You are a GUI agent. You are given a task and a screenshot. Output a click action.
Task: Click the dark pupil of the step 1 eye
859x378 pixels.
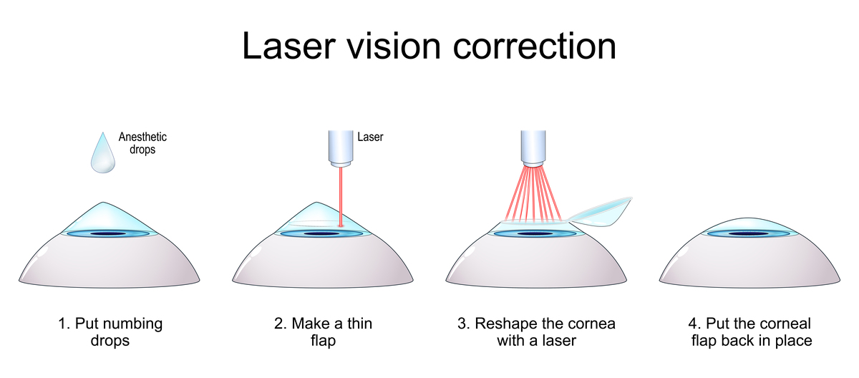point(107,234)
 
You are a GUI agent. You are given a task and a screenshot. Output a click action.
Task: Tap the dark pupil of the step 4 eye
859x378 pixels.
point(748,233)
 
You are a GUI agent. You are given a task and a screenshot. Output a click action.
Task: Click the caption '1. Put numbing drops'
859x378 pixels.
point(110,331)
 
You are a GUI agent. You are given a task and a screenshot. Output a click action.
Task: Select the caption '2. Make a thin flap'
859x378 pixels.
point(324,331)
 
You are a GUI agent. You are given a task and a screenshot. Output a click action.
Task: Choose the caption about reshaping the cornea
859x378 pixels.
point(536,331)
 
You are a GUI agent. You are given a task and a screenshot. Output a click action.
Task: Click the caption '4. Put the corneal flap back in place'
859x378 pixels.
point(751,331)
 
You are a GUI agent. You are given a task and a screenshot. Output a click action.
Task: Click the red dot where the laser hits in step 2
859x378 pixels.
point(341,226)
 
